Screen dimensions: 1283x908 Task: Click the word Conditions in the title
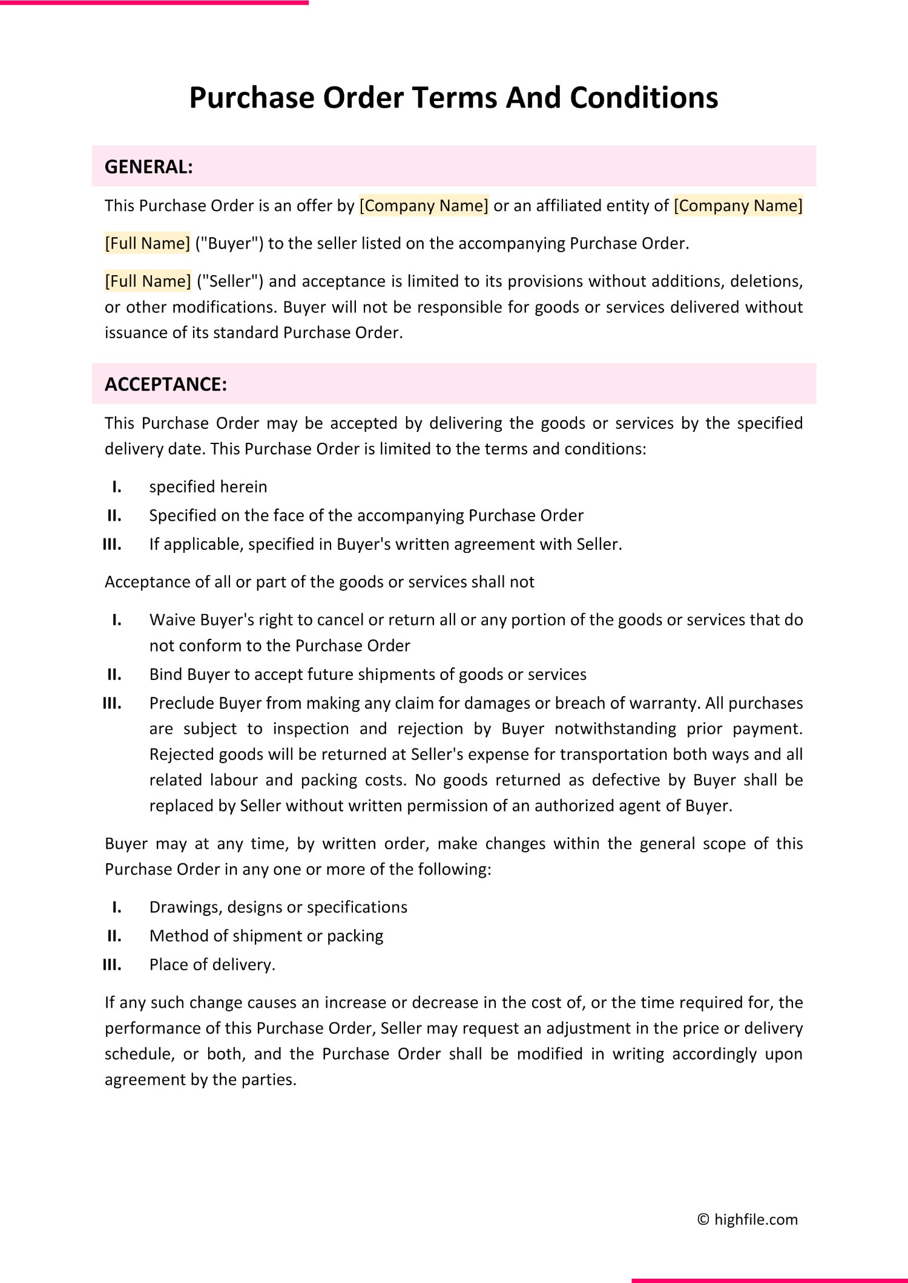pyautogui.click(x=643, y=98)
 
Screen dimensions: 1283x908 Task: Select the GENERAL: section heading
pyautogui.click(x=148, y=167)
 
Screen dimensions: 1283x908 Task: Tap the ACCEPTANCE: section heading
pyautogui.click(x=165, y=385)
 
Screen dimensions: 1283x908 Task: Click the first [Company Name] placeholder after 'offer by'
pyautogui.click(x=424, y=206)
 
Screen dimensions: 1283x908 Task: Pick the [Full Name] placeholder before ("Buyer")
pyautogui.click(x=148, y=244)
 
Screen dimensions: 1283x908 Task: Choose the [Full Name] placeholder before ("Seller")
pyautogui.click(x=148, y=281)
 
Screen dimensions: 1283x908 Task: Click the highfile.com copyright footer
pyautogui.click(x=748, y=1219)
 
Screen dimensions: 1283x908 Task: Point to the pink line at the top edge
pyautogui.click(x=154, y=2)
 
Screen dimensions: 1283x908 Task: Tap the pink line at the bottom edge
pyautogui.click(x=769, y=1280)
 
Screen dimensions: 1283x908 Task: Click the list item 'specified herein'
pyautogui.click(x=208, y=487)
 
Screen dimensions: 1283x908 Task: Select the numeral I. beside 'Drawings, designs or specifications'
pyautogui.click(x=117, y=907)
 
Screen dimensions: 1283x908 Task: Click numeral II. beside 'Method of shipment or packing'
pyautogui.click(x=114, y=936)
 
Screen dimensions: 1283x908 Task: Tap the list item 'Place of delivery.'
pyautogui.click(x=212, y=965)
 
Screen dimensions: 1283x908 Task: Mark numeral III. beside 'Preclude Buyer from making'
pyautogui.click(x=112, y=704)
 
